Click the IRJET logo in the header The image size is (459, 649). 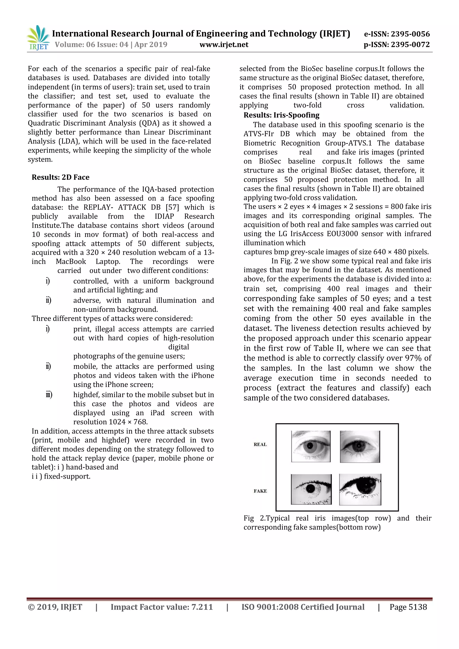(38, 38)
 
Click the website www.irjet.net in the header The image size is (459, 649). (224, 45)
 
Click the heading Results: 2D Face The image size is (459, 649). (61, 177)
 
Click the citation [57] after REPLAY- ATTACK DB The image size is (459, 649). (172, 207)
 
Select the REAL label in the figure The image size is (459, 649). (260, 444)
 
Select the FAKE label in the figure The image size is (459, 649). (260, 491)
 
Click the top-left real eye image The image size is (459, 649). (311, 446)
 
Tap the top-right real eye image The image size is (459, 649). (360, 447)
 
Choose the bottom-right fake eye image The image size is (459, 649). (360, 490)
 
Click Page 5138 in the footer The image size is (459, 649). (408, 607)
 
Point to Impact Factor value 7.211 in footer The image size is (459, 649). (162, 607)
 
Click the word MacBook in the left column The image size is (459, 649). (71, 262)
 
